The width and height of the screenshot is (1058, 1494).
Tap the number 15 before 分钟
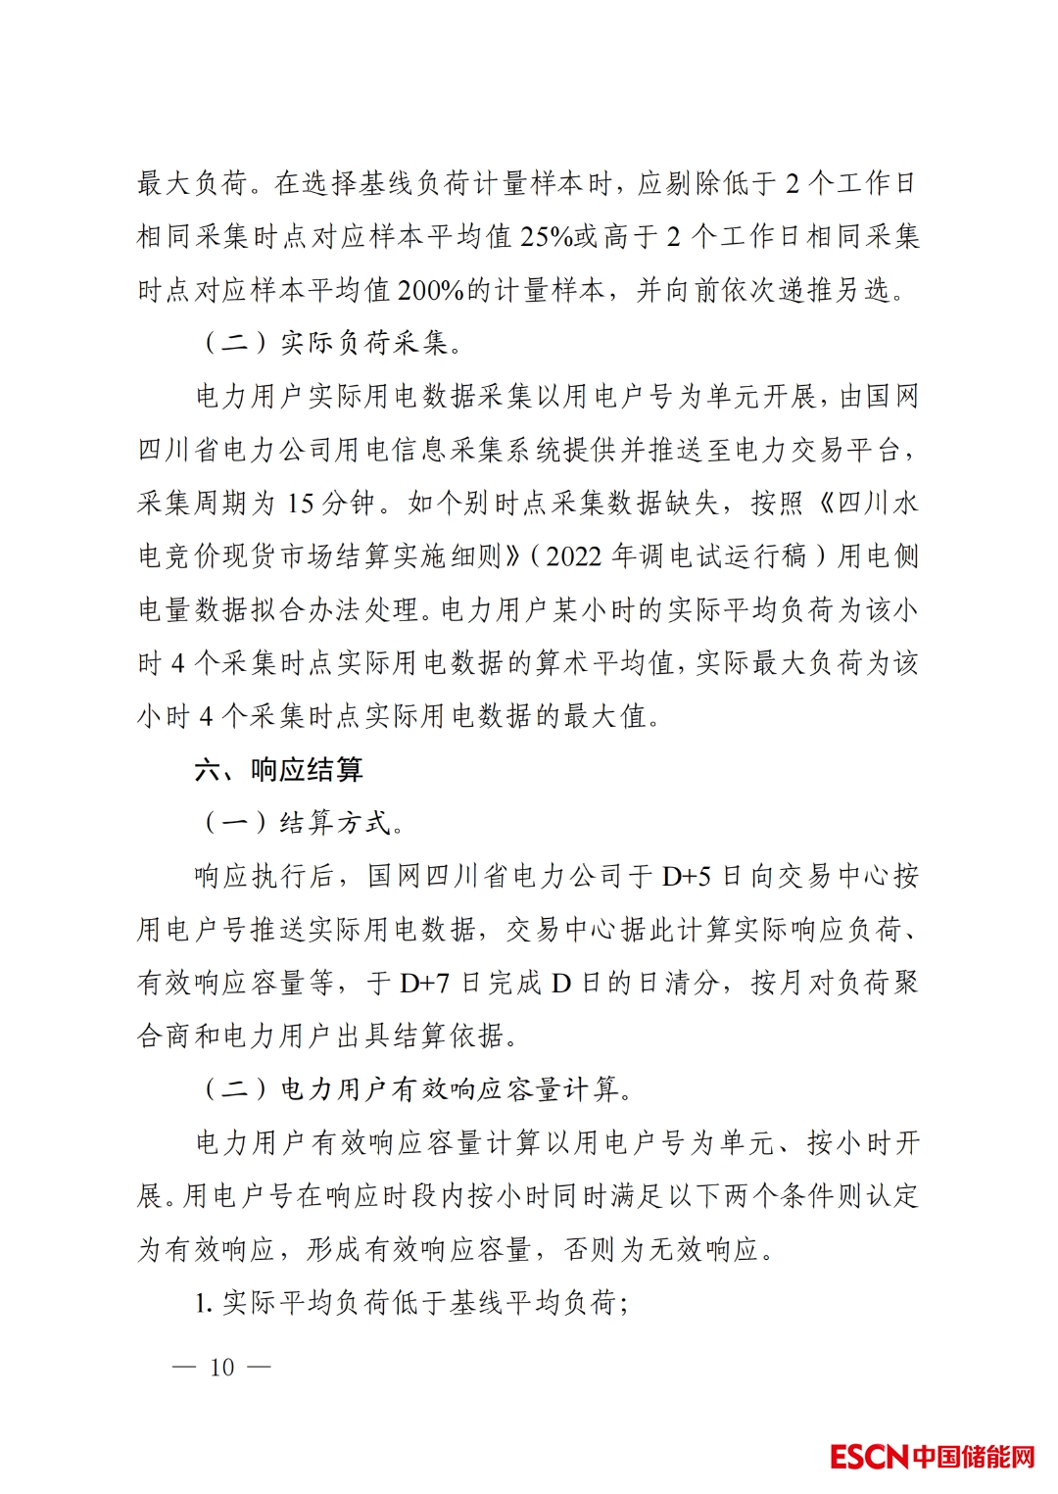301,504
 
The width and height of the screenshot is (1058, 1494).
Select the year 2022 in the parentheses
573,556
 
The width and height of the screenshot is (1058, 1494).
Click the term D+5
686,876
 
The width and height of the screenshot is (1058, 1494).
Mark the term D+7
424,983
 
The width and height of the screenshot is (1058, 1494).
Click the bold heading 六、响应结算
279,770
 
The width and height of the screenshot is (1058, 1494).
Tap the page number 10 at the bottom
222,1367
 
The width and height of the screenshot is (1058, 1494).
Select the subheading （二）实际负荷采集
330,343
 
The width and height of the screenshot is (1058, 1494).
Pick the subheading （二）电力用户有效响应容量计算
415,1089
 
